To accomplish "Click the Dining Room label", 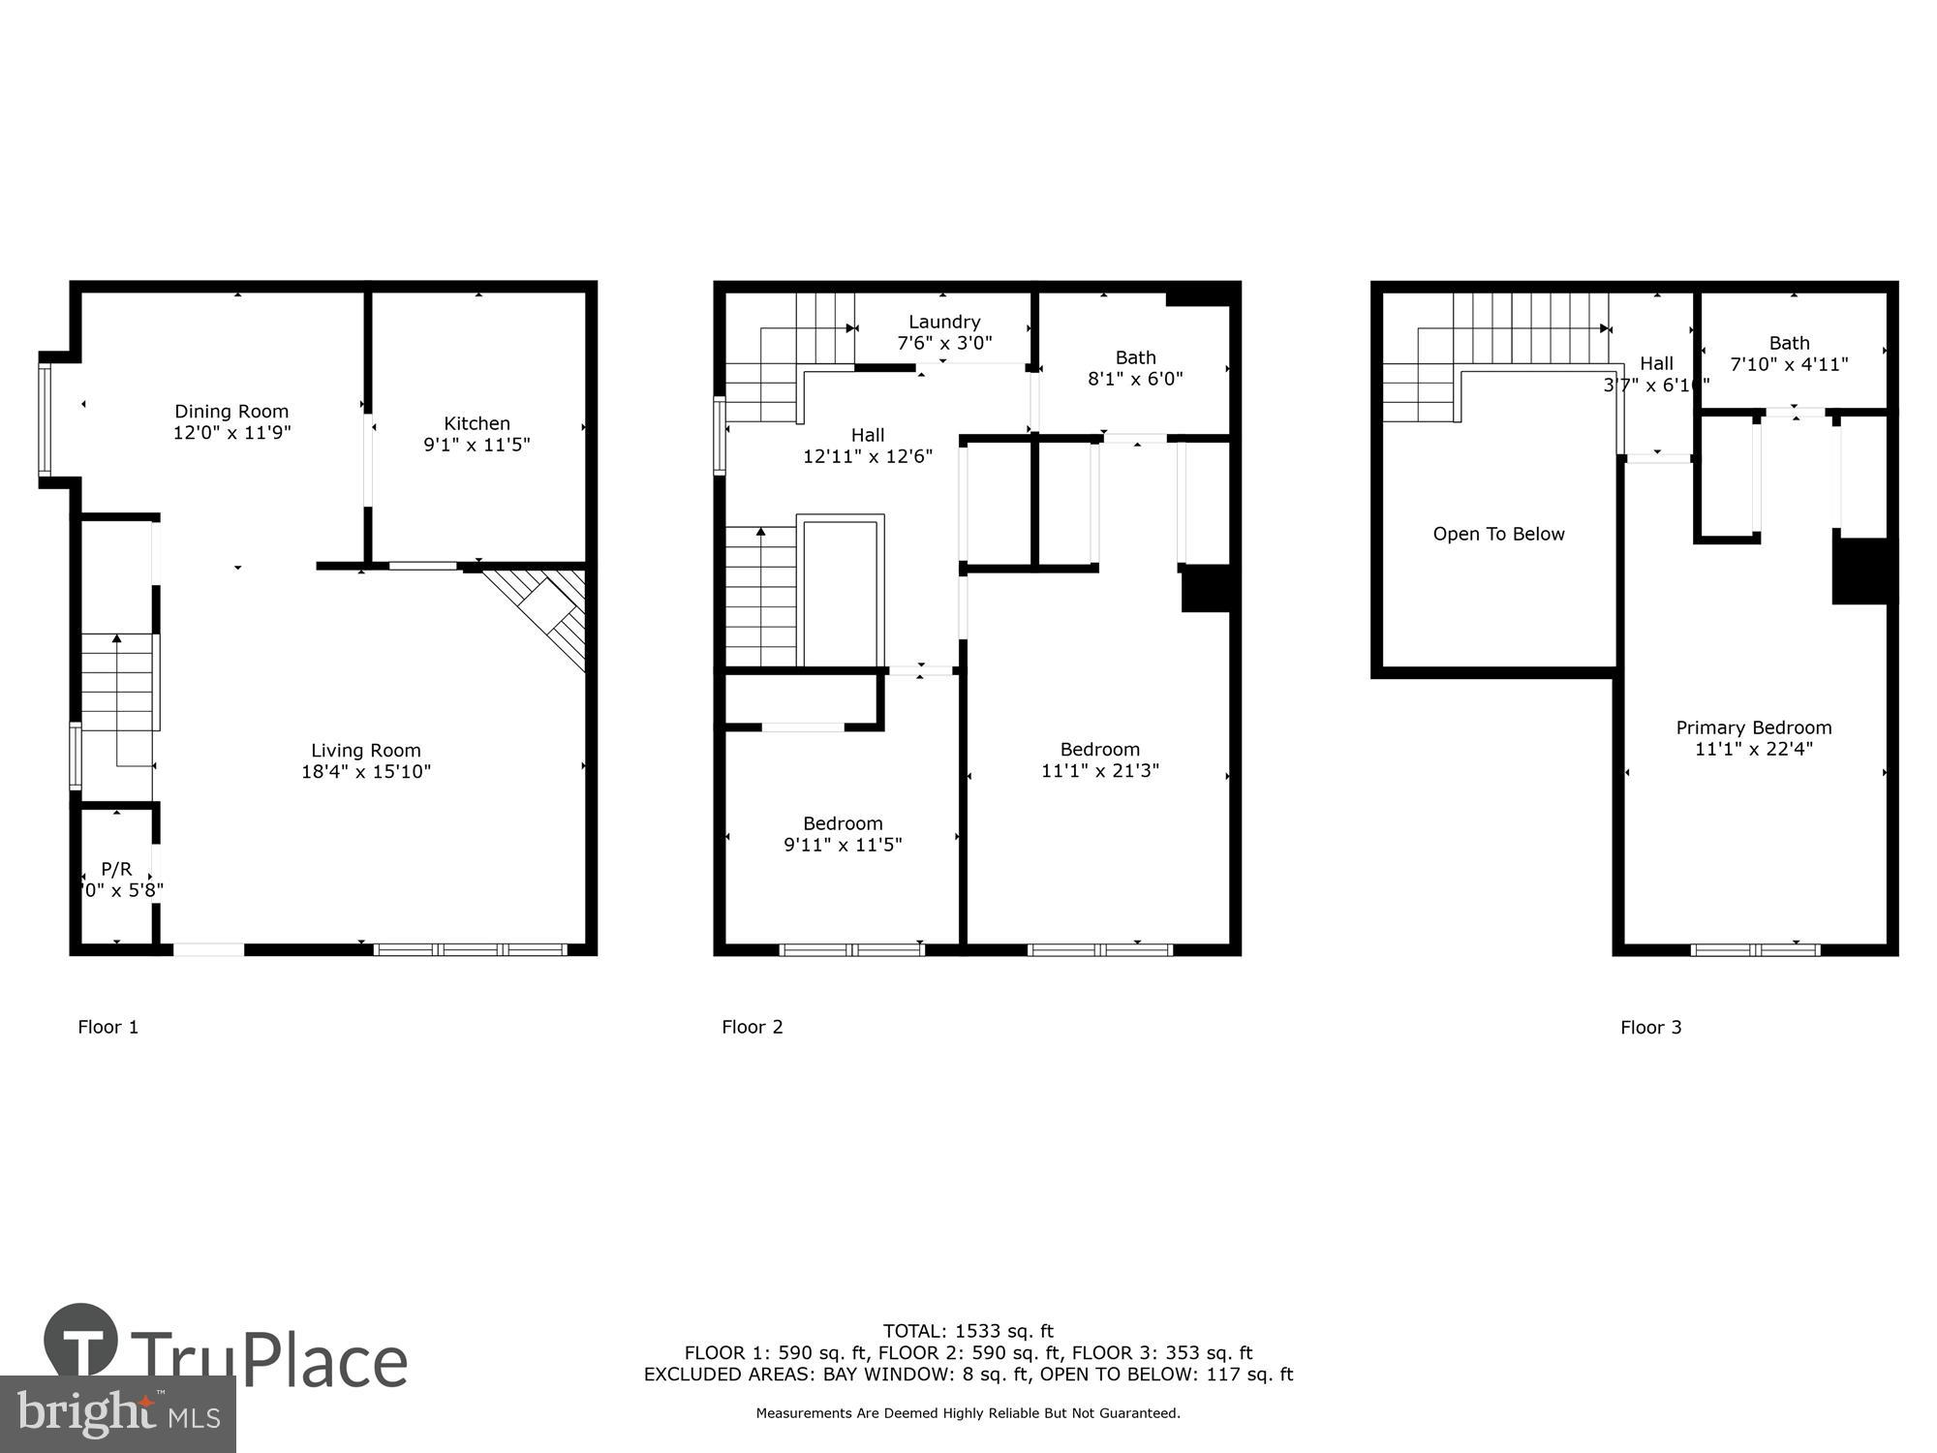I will click(231, 412).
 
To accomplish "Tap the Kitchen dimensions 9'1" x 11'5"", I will click(477, 445).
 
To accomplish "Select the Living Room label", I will click(365, 751).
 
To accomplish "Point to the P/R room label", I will click(116, 870).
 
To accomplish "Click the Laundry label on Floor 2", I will click(944, 322).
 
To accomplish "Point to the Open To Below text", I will click(1498, 534).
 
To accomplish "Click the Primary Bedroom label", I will click(1753, 727).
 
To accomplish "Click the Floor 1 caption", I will click(108, 1027).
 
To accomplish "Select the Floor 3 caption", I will click(1650, 1028).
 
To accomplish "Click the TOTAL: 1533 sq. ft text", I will click(968, 1331).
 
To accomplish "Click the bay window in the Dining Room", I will click(45, 418).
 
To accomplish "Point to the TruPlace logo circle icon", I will click(80, 1341).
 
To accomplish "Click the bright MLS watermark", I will click(117, 1414).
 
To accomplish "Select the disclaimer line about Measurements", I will click(968, 1413).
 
